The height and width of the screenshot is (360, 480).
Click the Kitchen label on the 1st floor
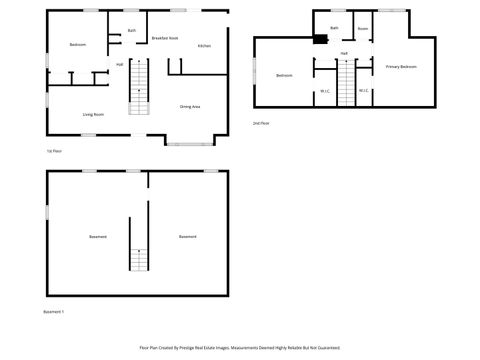204,46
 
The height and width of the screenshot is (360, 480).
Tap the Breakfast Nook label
165,37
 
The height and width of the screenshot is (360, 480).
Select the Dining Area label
190,106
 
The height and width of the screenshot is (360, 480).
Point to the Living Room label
94,114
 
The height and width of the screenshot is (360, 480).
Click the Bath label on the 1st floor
132,30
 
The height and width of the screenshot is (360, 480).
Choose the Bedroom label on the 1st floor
78,46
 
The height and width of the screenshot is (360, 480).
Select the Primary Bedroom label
401,66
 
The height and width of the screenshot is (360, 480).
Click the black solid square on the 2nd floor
319,41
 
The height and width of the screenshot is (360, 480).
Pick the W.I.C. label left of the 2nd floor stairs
325,91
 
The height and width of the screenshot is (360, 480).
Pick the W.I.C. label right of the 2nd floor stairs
364,91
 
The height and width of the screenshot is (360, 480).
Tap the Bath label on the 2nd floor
334,28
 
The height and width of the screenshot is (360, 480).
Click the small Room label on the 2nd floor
363,29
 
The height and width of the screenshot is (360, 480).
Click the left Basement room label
98,236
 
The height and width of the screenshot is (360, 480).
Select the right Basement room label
187,236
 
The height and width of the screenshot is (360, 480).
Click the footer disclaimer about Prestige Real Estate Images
240,348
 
